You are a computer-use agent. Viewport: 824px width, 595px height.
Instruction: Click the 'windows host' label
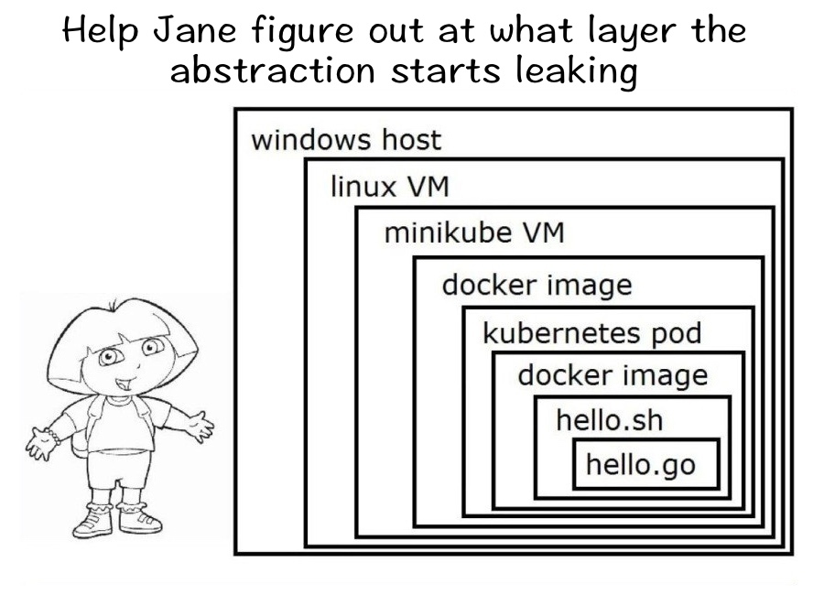pos(345,140)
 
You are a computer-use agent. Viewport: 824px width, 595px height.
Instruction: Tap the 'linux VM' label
pos(389,188)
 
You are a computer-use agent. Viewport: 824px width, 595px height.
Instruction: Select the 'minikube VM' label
pos(473,233)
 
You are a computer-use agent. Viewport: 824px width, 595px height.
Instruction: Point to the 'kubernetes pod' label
pos(591,332)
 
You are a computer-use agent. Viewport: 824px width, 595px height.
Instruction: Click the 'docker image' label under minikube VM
pos(537,285)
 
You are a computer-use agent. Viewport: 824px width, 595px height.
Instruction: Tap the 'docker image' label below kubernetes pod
pos(612,375)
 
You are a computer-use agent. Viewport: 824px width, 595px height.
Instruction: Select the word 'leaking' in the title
pos(577,70)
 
